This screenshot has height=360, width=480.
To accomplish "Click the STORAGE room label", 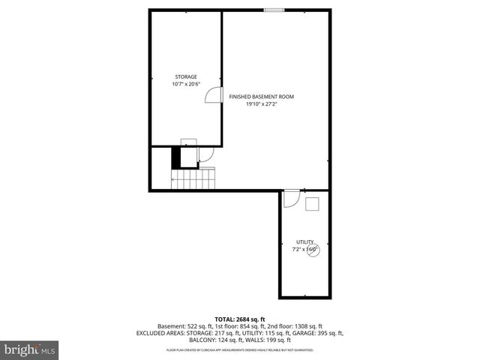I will tap(186, 76).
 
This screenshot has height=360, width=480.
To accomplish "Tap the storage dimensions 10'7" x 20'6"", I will tap(186, 84).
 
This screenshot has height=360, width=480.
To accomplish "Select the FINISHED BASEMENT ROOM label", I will tap(261, 97).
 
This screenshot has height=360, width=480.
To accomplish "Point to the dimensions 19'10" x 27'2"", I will tap(261, 104).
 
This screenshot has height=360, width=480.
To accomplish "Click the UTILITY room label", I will tap(304, 241).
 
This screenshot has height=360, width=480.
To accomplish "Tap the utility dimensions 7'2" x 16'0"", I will tap(304, 249).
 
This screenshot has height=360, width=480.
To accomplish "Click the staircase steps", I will tap(194, 180).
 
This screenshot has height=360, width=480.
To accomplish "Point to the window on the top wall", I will tap(274, 10).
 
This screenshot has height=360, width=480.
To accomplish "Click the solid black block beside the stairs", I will tap(177, 157).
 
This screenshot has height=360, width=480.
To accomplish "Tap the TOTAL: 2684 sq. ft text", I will tap(239, 318).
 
